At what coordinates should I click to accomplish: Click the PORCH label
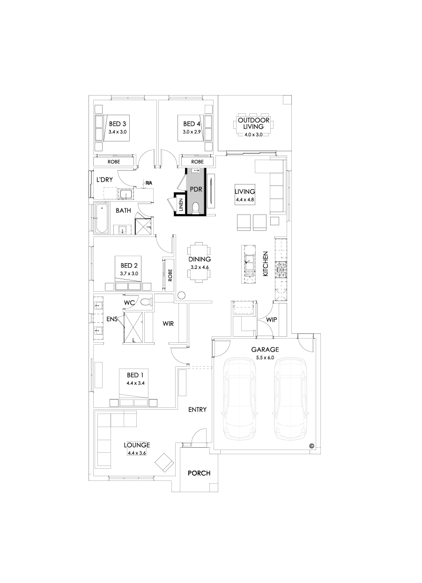coord(199,473)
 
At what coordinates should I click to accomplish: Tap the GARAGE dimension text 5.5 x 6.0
coord(265,358)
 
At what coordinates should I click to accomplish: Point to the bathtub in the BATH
coord(101,218)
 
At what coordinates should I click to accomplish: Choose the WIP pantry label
coord(272,320)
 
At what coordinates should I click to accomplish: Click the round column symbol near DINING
coord(181,295)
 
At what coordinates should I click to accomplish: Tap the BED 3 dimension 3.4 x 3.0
coord(118,132)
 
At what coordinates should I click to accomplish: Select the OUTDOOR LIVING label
coord(253,124)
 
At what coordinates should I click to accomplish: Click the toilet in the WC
coord(146,302)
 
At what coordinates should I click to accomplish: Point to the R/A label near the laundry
coord(148,183)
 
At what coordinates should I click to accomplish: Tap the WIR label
coord(168,323)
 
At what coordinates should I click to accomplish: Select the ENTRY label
coord(197,410)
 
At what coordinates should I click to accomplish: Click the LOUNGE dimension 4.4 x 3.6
coord(136,453)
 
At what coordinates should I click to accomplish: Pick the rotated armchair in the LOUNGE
coord(164,462)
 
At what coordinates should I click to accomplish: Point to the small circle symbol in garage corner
coord(311,445)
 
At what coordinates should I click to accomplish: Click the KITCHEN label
coord(265,264)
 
